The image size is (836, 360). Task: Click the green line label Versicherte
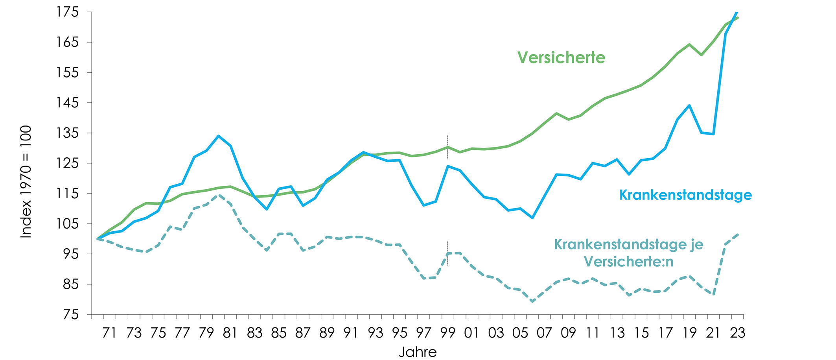pyautogui.click(x=561, y=57)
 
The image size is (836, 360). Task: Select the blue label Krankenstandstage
pyautogui.click(x=685, y=195)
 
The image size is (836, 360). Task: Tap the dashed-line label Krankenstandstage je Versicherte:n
pyautogui.click(x=628, y=253)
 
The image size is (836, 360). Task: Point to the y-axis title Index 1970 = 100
pyautogui.click(x=26, y=181)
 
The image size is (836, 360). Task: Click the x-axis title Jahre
pyautogui.click(x=418, y=352)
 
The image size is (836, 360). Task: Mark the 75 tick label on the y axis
pyautogui.click(x=71, y=314)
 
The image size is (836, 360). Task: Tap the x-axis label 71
pyautogui.click(x=110, y=333)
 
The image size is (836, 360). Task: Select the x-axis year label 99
pyautogui.click(x=447, y=333)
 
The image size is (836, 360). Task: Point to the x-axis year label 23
pyautogui.click(x=737, y=333)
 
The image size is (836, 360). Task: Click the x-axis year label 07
pyautogui.click(x=544, y=333)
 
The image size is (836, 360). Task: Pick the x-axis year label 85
pyautogui.click(x=279, y=333)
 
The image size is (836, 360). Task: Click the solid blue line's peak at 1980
pyautogui.click(x=219, y=136)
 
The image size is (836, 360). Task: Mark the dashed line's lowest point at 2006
pyautogui.click(x=532, y=301)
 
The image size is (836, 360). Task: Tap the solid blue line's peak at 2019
pyautogui.click(x=689, y=105)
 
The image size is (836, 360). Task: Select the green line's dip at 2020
pyautogui.click(x=701, y=55)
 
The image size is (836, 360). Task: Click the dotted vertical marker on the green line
pyautogui.click(x=448, y=147)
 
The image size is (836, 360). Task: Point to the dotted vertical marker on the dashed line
pyautogui.click(x=448, y=253)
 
